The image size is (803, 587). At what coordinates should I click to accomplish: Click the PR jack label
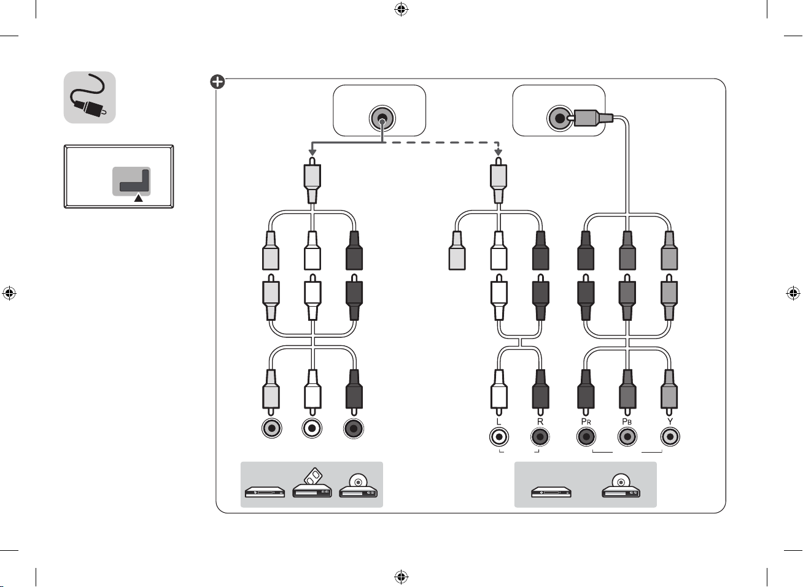(x=586, y=421)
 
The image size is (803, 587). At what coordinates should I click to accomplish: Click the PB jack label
(x=627, y=421)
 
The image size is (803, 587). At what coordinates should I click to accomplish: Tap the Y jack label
(x=670, y=421)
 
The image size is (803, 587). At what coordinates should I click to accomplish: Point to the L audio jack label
(x=498, y=421)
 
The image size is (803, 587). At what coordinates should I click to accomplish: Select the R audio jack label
(x=540, y=421)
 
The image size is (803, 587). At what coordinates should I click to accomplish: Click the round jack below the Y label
(x=670, y=437)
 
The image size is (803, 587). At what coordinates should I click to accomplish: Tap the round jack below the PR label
(x=586, y=437)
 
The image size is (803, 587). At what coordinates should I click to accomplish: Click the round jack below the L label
(x=499, y=437)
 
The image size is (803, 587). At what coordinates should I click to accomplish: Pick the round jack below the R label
(x=540, y=437)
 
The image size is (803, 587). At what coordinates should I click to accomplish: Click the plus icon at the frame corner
(x=217, y=82)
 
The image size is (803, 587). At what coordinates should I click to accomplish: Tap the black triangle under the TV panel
(x=138, y=198)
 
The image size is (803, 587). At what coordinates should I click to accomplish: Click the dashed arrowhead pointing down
(x=498, y=153)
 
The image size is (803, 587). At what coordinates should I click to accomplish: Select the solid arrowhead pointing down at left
(x=312, y=153)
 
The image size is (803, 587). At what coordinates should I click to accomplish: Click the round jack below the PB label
(x=627, y=437)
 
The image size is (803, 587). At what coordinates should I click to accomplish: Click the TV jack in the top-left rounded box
(x=382, y=118)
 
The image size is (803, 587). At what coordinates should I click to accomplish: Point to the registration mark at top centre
(x=401, y=9)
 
